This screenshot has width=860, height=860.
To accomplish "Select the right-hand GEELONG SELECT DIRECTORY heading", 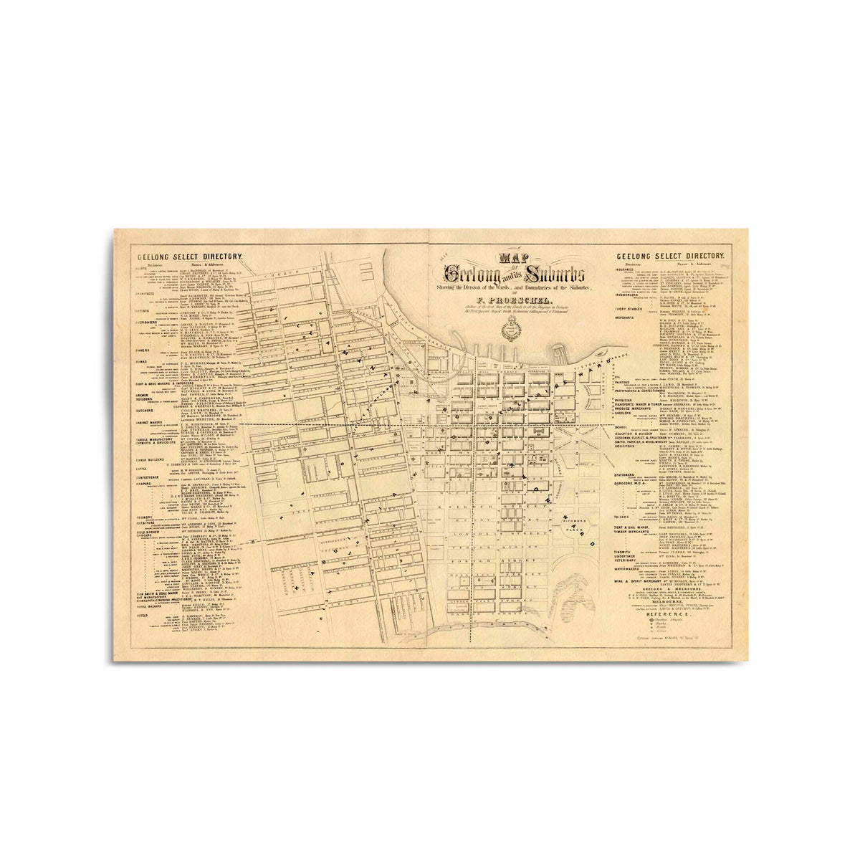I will [670, 256].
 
